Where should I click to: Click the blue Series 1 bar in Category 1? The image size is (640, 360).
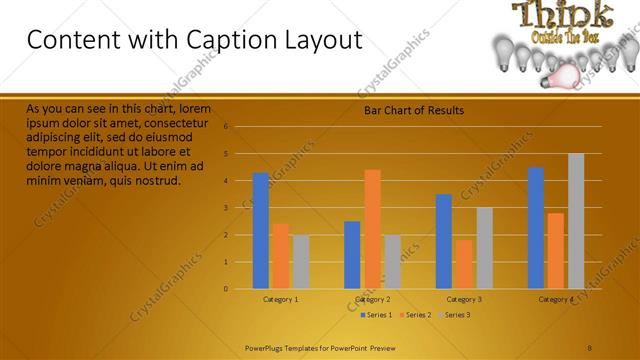click(261, 231)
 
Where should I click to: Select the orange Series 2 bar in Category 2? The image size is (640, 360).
click(372, 229)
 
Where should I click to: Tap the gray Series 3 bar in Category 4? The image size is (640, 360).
click(576, 221)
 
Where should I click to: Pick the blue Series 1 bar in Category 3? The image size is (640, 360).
click(444, 241)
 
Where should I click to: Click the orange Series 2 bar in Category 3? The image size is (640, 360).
click(464, 264)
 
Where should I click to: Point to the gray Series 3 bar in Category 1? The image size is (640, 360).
click(301, 262)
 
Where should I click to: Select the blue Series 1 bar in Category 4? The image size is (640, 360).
click(536, 228)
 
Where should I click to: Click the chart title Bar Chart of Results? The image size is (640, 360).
click(413, 110)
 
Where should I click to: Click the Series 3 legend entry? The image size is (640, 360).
click(456, 315)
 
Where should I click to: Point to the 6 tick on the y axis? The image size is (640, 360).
click(226, 127)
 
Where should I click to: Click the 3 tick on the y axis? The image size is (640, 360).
click(226, 208)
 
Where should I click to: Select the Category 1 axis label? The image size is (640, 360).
click(281, 299)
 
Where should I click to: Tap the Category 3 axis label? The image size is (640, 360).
click(464, 299)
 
